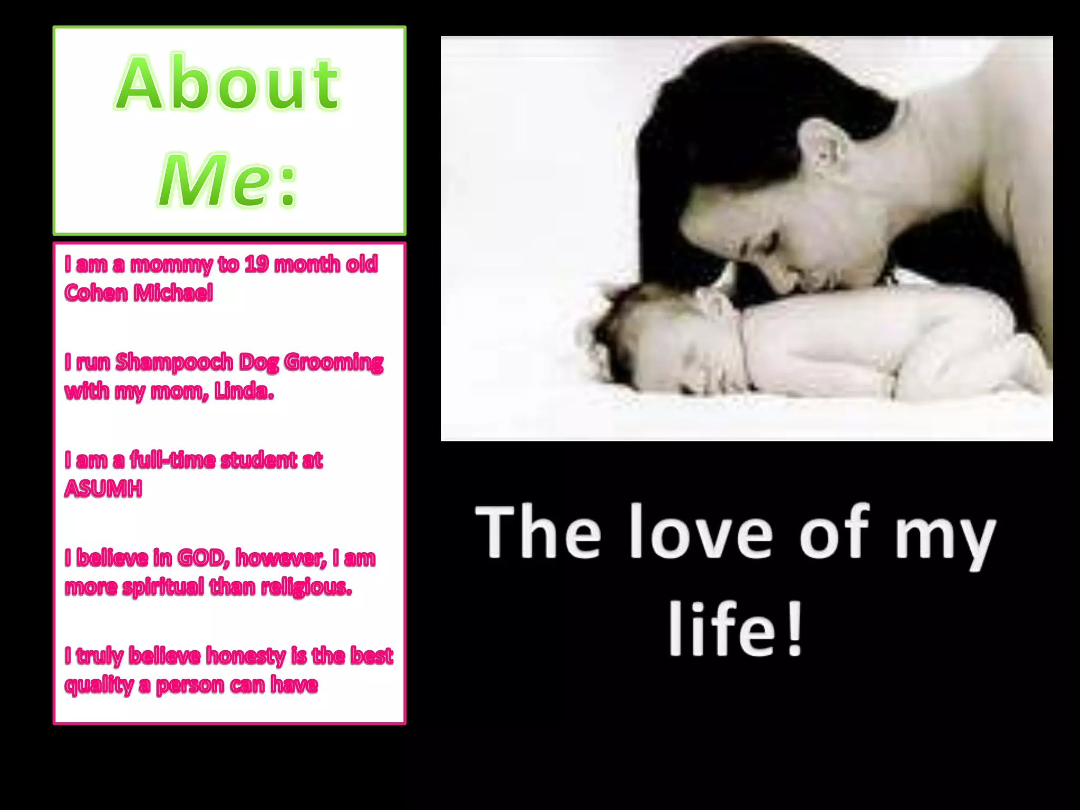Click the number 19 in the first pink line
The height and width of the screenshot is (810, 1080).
coord(256,264)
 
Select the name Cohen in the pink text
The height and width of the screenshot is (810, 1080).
coord(95,293)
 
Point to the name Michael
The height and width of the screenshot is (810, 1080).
coord(172,293)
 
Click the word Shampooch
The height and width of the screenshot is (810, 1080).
coord(174,362)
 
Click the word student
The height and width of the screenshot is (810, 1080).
coord(258,460)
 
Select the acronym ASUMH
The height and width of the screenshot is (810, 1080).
coord(103,489)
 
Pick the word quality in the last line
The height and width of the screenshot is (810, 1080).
coord(99,685)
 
